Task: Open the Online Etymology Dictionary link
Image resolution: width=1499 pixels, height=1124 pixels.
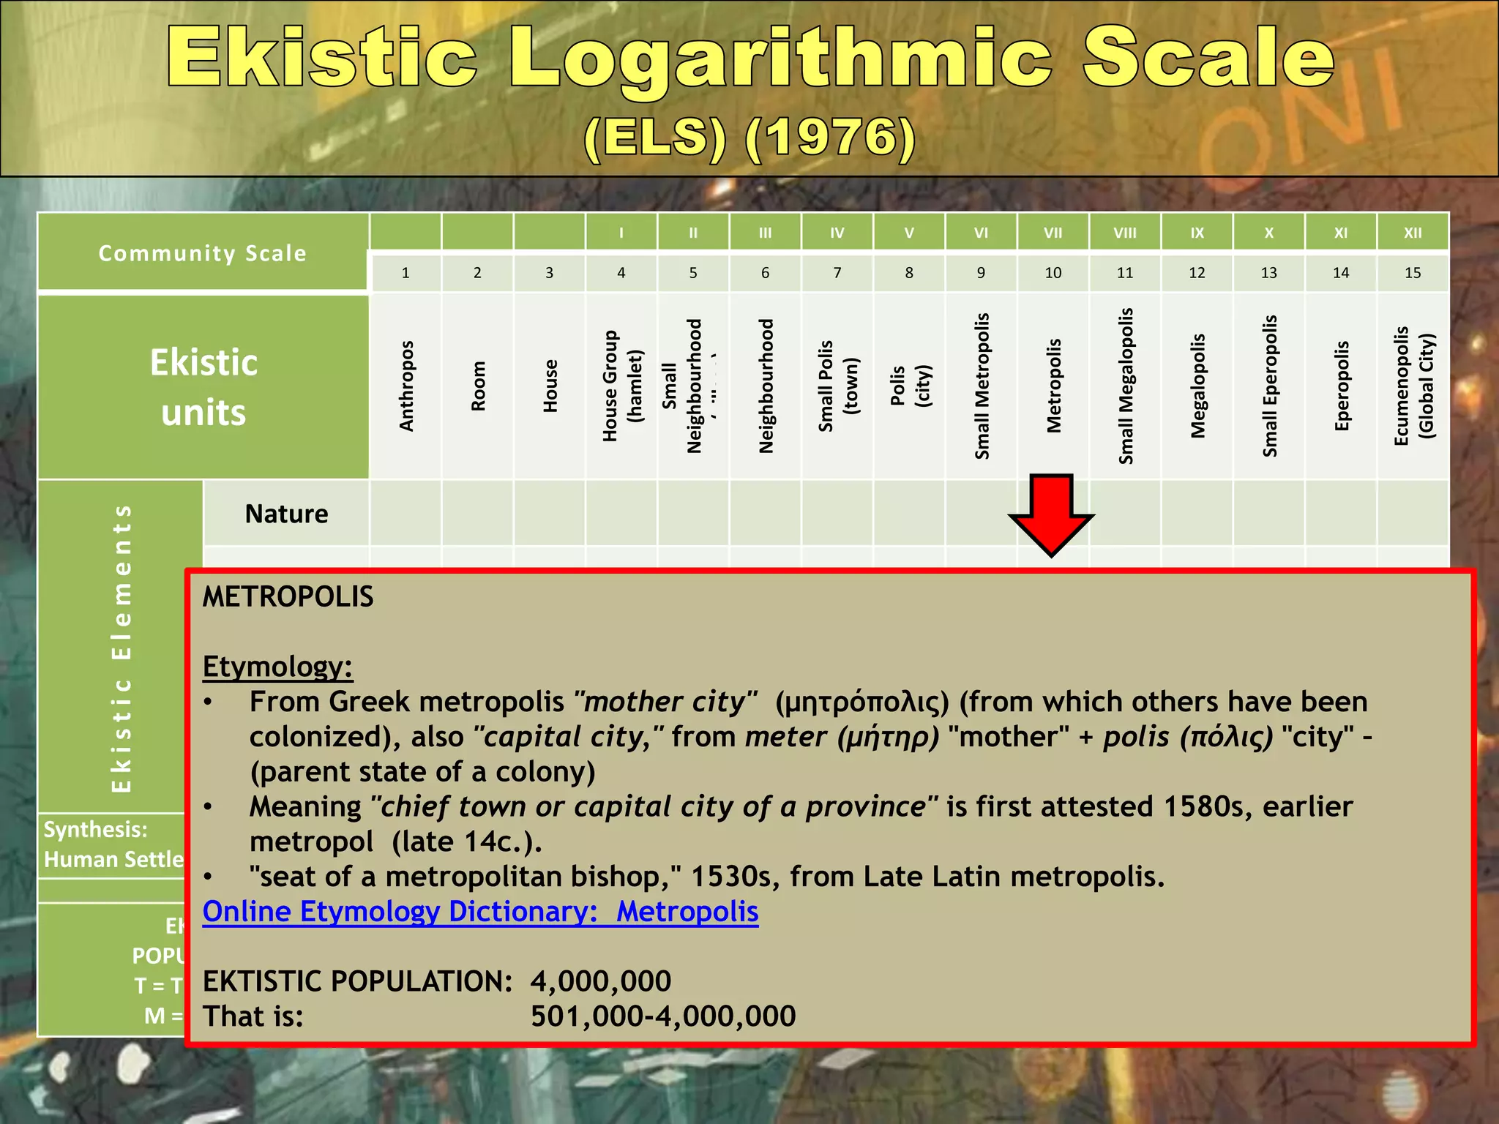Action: point(480,912)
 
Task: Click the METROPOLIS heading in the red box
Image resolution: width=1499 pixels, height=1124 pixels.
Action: point(288,597)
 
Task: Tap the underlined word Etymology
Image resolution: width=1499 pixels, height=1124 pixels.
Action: point(277,667)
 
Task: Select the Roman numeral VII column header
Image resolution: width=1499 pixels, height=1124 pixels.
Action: point(1053,233)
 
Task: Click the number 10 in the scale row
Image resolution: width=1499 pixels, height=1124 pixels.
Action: point(1053,273)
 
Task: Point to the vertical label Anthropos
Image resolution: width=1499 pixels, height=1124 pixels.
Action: point(406,386)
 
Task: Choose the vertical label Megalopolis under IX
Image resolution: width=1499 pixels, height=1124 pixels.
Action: point(1197,386)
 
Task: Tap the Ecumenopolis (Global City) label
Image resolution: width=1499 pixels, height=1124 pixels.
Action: point(1413,386)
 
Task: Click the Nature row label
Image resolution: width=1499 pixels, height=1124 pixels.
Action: point(286,514)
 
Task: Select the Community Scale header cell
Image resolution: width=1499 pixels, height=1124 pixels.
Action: point(202,253)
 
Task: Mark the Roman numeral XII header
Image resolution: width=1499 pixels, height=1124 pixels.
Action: point(1413,233)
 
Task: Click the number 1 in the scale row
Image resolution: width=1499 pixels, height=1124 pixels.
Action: point(405,273)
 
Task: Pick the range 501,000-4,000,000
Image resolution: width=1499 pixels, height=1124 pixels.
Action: point(663,1016)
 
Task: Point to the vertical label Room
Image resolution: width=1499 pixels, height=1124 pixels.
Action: point(478,386)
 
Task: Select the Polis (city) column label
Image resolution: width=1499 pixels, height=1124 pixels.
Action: point(910,386)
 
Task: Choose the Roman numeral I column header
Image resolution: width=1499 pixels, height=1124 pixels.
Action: point(621,233)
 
